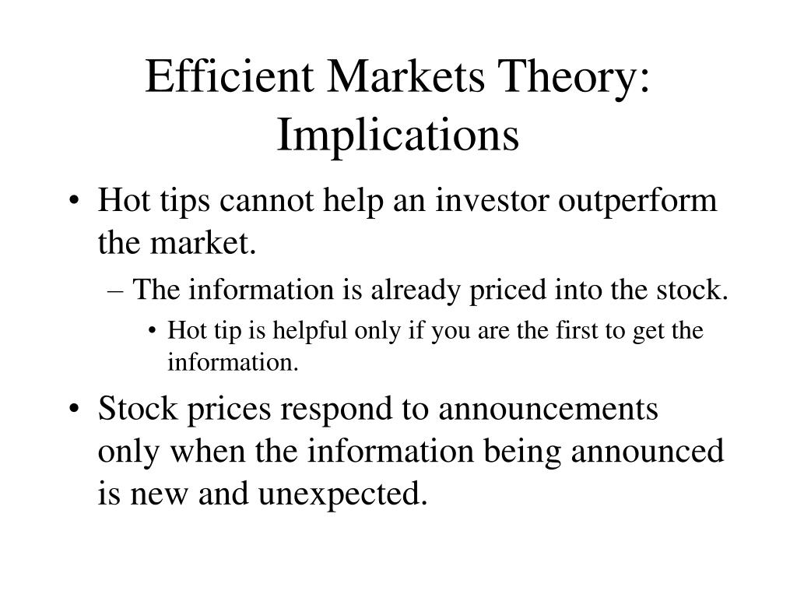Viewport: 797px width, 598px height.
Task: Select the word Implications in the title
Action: [x=398, y=134]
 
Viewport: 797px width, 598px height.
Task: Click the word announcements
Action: [x=548, y=410]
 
